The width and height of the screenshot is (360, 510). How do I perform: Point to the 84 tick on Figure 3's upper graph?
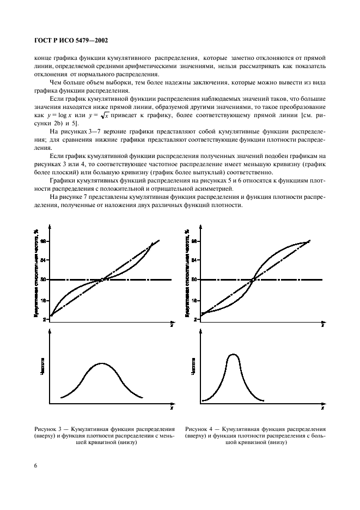[x=43, y=260]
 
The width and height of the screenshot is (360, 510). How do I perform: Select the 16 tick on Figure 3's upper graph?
[x=43, y=300]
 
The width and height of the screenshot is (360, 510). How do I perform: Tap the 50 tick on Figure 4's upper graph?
[x=194, y=280]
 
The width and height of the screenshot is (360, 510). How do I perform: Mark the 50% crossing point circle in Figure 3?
[x=102, y=280]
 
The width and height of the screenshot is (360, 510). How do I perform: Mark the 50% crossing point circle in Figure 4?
[x=253, y=280]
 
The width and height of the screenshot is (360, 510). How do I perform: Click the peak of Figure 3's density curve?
[x=101, y=363]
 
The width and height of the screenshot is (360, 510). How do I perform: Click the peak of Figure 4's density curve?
[x=233, y=354]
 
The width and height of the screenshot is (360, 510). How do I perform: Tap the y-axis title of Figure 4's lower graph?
[x=193, y=366]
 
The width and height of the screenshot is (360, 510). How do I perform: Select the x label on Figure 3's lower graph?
[x=171, y=408]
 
